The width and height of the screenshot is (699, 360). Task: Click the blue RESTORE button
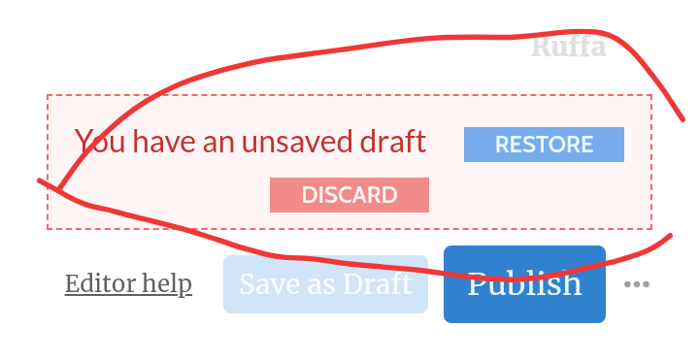point(544,145)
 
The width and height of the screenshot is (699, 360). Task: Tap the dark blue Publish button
point(524,283)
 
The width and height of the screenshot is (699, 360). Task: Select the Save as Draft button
point(325,284)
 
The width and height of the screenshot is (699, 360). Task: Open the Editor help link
point(128,284)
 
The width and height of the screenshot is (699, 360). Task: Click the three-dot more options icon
point(637,284)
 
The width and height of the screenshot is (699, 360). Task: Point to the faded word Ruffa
point(569,47)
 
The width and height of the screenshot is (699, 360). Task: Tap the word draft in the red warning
point(393,142)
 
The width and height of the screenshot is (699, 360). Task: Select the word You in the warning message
point(100,142)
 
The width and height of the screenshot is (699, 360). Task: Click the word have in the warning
point(164,142)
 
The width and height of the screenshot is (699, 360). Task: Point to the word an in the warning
point(218,145)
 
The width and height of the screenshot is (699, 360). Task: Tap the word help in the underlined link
point(164,284)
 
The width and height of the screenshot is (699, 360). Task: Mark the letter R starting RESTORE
point(503,145)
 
